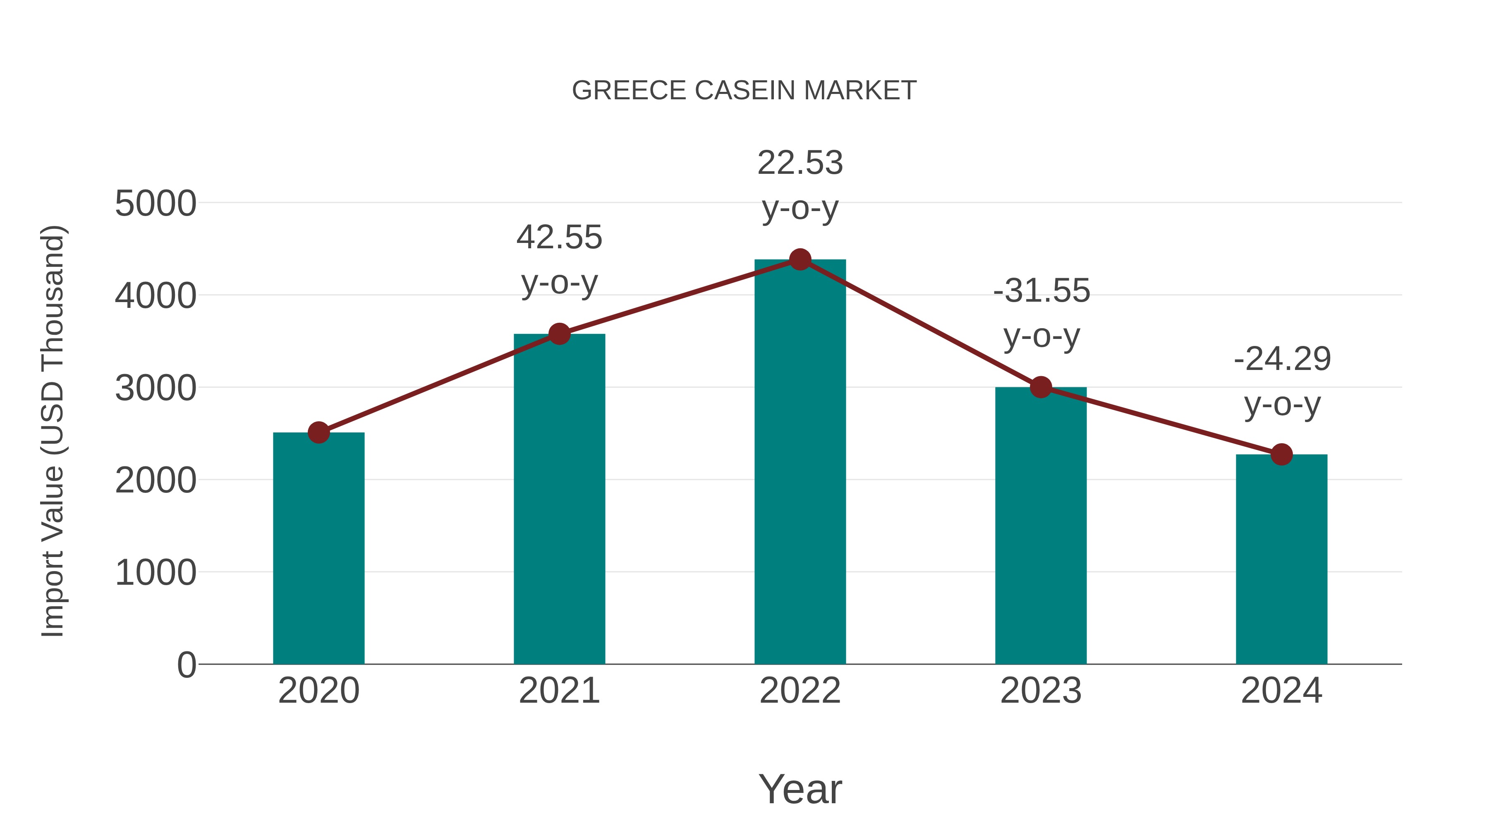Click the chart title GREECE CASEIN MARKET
(x=744, y=90)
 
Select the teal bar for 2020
(x=318, y=550)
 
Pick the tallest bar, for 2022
(x=800, y=463)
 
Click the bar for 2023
(x=1041, y=526)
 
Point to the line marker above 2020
(x=318, y=432)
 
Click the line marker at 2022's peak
(x=800, y=259)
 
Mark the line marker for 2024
(x=1281, y=454)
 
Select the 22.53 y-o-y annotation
(x=800, y=185)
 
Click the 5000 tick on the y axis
(x=156, y=204)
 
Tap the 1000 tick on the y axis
(x=156, y=573)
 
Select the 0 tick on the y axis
(x=186, y=665)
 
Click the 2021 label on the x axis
(x=559, y=691)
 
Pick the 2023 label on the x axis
(x=1041, y=691)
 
